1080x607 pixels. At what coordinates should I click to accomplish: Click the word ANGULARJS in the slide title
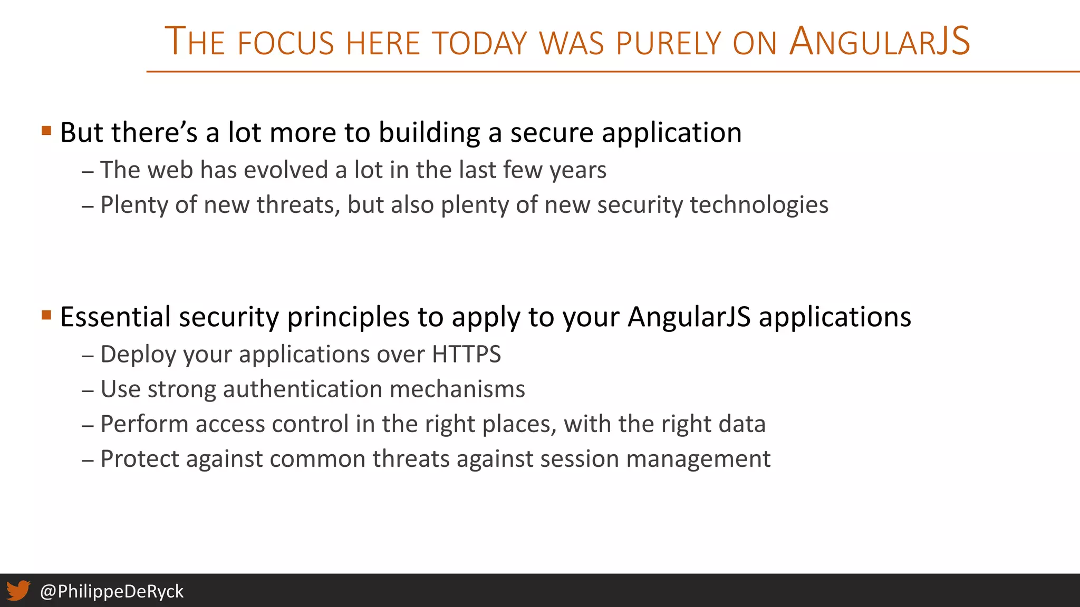879,42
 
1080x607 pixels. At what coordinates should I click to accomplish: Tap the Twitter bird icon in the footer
18,591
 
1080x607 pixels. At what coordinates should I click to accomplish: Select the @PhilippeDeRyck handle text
112,591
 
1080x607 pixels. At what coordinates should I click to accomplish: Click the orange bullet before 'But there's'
46,130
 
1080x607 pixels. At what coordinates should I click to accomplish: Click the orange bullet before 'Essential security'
46,315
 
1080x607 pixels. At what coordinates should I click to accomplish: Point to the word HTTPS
466,354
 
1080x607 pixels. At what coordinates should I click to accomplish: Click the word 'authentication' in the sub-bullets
303,389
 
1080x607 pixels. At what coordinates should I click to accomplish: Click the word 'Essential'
115,317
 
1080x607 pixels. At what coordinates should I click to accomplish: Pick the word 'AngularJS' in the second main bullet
689,317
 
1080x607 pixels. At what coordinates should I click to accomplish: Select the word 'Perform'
144,424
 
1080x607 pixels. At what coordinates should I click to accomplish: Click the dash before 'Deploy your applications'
88,355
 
